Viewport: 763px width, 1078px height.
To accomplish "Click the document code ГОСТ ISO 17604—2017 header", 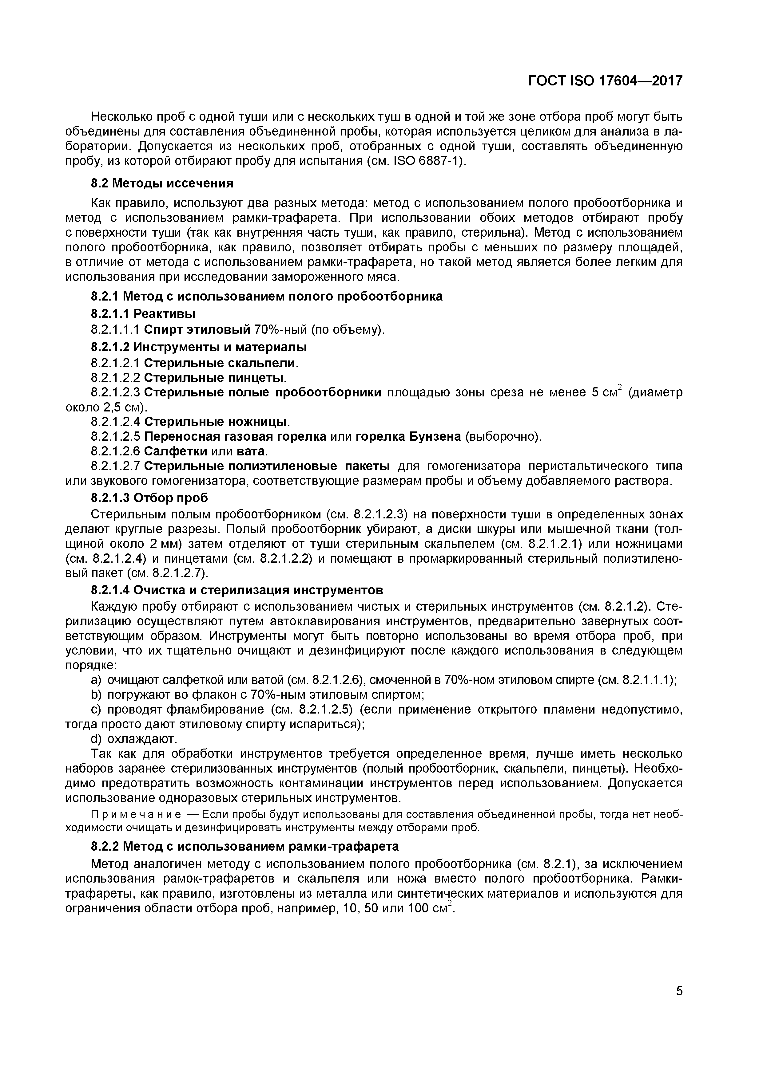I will click(605, 81).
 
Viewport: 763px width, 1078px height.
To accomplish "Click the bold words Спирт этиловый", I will click(197, 330).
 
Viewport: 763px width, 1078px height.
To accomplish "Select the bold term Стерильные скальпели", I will click(220, 363).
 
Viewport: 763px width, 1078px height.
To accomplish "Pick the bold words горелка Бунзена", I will click(408, 437).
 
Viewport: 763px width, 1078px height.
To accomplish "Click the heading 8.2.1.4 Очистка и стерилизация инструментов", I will click(237, 590).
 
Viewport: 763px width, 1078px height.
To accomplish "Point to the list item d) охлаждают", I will click(134, 739).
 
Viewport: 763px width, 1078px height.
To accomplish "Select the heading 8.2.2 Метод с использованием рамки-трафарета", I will click(245, 846).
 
